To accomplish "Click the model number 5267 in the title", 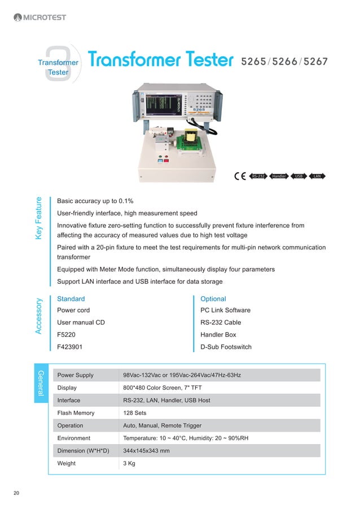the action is [x=315, y=60].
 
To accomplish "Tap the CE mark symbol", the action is [x=240, y=176].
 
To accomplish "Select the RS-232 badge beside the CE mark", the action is [x=258, y=176].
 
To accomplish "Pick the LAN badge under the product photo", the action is [x=318, y=176].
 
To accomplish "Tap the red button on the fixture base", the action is [x=166, y=160].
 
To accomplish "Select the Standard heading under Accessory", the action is [x=71, y=299].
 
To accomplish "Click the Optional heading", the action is [x=213, y=299].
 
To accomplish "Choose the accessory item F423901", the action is [x=71, y=347].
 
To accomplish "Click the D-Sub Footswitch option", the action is [x=226, y=347].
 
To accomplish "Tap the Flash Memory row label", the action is [x=76, y=413].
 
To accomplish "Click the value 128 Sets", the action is [x=136, y=413].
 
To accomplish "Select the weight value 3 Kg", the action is [x=129, y=463].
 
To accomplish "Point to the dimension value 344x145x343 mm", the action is [x=146, y=451].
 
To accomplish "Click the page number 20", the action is [x=16, y=494].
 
